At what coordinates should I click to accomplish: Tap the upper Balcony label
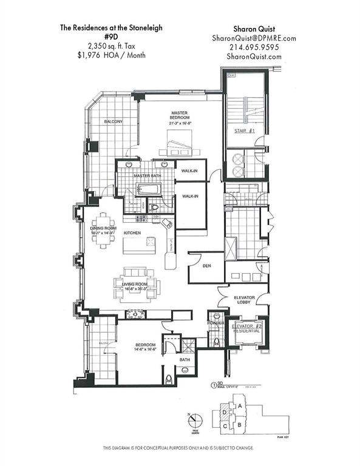pyautogui.click(x=114, y=122)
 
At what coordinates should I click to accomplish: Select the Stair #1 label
pyautogui.click(x=243, y=132)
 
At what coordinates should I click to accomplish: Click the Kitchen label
pyautogui.click(x=132, y=232)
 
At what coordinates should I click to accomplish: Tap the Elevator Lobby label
pyautogui.click(x=243, y=300)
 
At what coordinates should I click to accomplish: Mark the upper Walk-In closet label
pyautogui.click(x=189, y=171)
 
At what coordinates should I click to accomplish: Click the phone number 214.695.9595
pyautogui.click(x=255, y=47)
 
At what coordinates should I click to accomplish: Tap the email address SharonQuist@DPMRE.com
pyautogui.click(x=255, y=38)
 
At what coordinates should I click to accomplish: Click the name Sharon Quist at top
pyautogui.click(x=255, y=28)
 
